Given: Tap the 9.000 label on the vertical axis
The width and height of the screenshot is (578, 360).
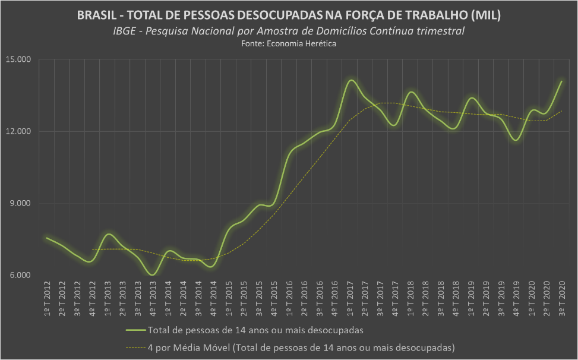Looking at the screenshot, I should [22, 203].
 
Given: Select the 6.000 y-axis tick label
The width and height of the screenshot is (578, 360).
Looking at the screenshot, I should [22, 275].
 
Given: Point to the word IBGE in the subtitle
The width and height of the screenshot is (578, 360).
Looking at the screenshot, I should [123, 31].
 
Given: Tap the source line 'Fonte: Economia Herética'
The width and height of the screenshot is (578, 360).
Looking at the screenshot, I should [289, 44].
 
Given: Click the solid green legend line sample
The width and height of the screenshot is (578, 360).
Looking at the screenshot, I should [136, 329].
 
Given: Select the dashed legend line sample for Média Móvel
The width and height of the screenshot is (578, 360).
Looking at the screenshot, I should [136, 346].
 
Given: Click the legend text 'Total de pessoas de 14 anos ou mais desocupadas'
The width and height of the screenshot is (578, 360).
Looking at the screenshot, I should [255, 329].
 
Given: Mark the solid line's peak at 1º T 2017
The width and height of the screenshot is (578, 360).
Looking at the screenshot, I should [350, 80].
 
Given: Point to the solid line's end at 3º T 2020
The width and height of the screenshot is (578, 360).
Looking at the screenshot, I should [561, 81].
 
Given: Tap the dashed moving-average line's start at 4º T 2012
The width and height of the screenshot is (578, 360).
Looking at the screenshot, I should [92, 250].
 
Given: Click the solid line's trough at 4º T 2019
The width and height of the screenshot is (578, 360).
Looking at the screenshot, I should [516, 140].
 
